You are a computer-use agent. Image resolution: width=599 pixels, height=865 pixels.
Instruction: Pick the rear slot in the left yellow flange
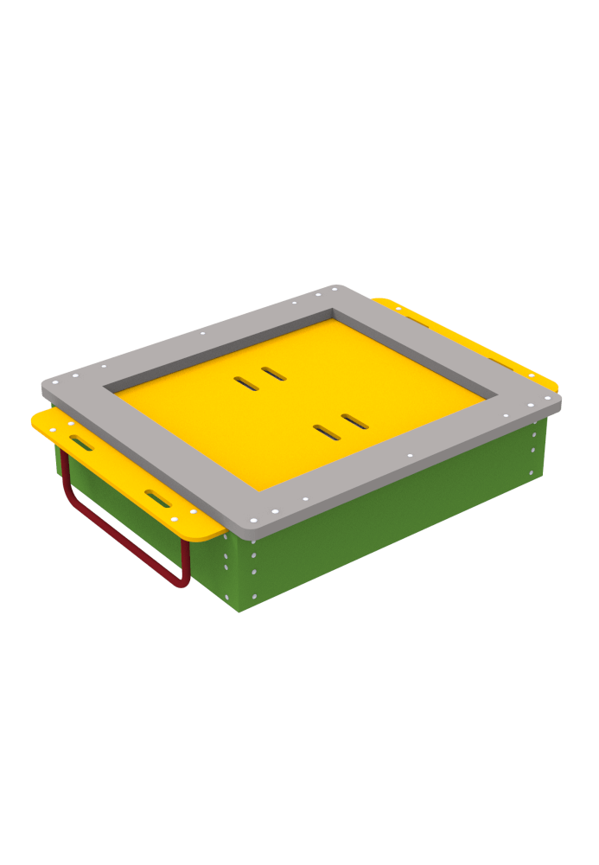click(x=83, y=444)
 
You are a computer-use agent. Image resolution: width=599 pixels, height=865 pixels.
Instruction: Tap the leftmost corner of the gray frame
click(x=42, y=382)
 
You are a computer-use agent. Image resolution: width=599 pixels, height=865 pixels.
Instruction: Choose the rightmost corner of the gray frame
click(x=560, y=400)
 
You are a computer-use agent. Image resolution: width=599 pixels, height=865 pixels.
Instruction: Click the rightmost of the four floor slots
click(x=354, y=420)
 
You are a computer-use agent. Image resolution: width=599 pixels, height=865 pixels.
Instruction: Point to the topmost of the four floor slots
click(x=274, y=374)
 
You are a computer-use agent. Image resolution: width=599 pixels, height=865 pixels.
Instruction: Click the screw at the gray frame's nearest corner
click(x=252, y=520)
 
